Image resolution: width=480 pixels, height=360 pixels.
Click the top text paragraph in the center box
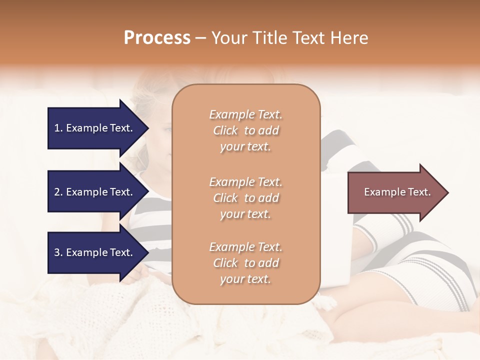(245, 130)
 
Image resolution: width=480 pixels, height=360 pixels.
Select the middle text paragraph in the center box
(245, 198)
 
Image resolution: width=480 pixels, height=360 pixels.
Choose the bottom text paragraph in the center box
(245, 263)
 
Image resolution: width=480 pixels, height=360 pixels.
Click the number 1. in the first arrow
(58, 128)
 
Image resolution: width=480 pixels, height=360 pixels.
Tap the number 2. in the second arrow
(58, 192)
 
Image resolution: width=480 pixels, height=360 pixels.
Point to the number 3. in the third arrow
(58, 252)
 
